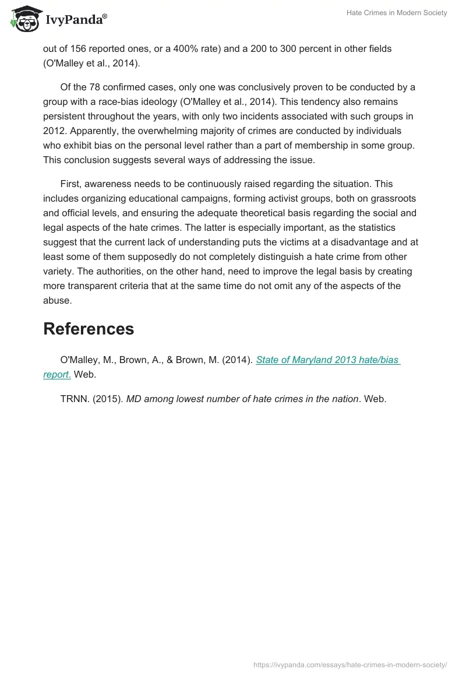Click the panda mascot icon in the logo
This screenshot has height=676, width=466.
pyautogui.click(x=24, y=19)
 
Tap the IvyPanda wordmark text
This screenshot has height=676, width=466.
pyautogui.click(x=76, y=21)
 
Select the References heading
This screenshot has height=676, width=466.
pyautogui.click(x=89, y=329)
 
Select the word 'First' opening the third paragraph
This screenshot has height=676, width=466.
pyautogui.click(x=71, y=184)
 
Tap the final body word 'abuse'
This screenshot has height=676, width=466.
pyautogui.click(x=57, y=300)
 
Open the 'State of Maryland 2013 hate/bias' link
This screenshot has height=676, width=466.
pyautogui.click(x=328, y=360)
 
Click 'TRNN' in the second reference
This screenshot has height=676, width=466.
pyautogui.click(x=75, y=399)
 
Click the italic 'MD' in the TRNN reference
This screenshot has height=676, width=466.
pyautogui.click(x=133, y=399)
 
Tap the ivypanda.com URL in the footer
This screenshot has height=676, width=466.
pyautogui.click(x=350, y=664)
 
